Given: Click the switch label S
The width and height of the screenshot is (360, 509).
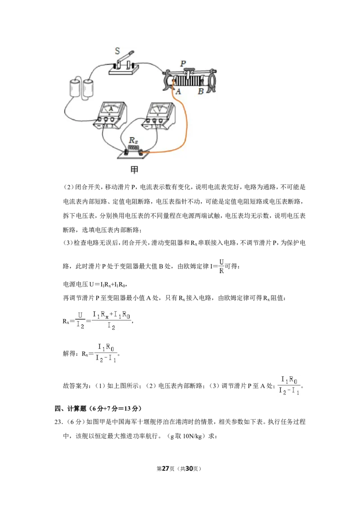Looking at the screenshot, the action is coord(117,51).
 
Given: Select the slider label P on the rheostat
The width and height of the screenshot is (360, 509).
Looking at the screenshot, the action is coord(183,63).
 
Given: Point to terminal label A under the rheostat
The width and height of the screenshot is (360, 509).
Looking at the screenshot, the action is coord(178,92).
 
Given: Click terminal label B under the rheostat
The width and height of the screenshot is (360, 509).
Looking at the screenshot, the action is coord(201,92).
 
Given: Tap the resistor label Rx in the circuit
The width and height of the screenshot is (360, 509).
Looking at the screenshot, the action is coord(133,140).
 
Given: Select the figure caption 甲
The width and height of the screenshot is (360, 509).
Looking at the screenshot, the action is coord(135,170).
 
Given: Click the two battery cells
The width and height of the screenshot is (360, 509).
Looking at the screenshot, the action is coord(81,87).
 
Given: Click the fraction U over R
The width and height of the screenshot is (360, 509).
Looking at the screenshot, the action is coord(221,266).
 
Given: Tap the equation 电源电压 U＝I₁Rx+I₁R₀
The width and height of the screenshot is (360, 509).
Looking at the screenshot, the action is coord(94,284).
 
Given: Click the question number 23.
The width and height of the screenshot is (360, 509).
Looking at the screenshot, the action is coord(58,422).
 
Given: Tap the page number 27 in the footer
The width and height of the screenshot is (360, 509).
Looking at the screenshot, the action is coord(166,469).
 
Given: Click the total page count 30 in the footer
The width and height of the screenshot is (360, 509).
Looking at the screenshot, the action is coord(189,469).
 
